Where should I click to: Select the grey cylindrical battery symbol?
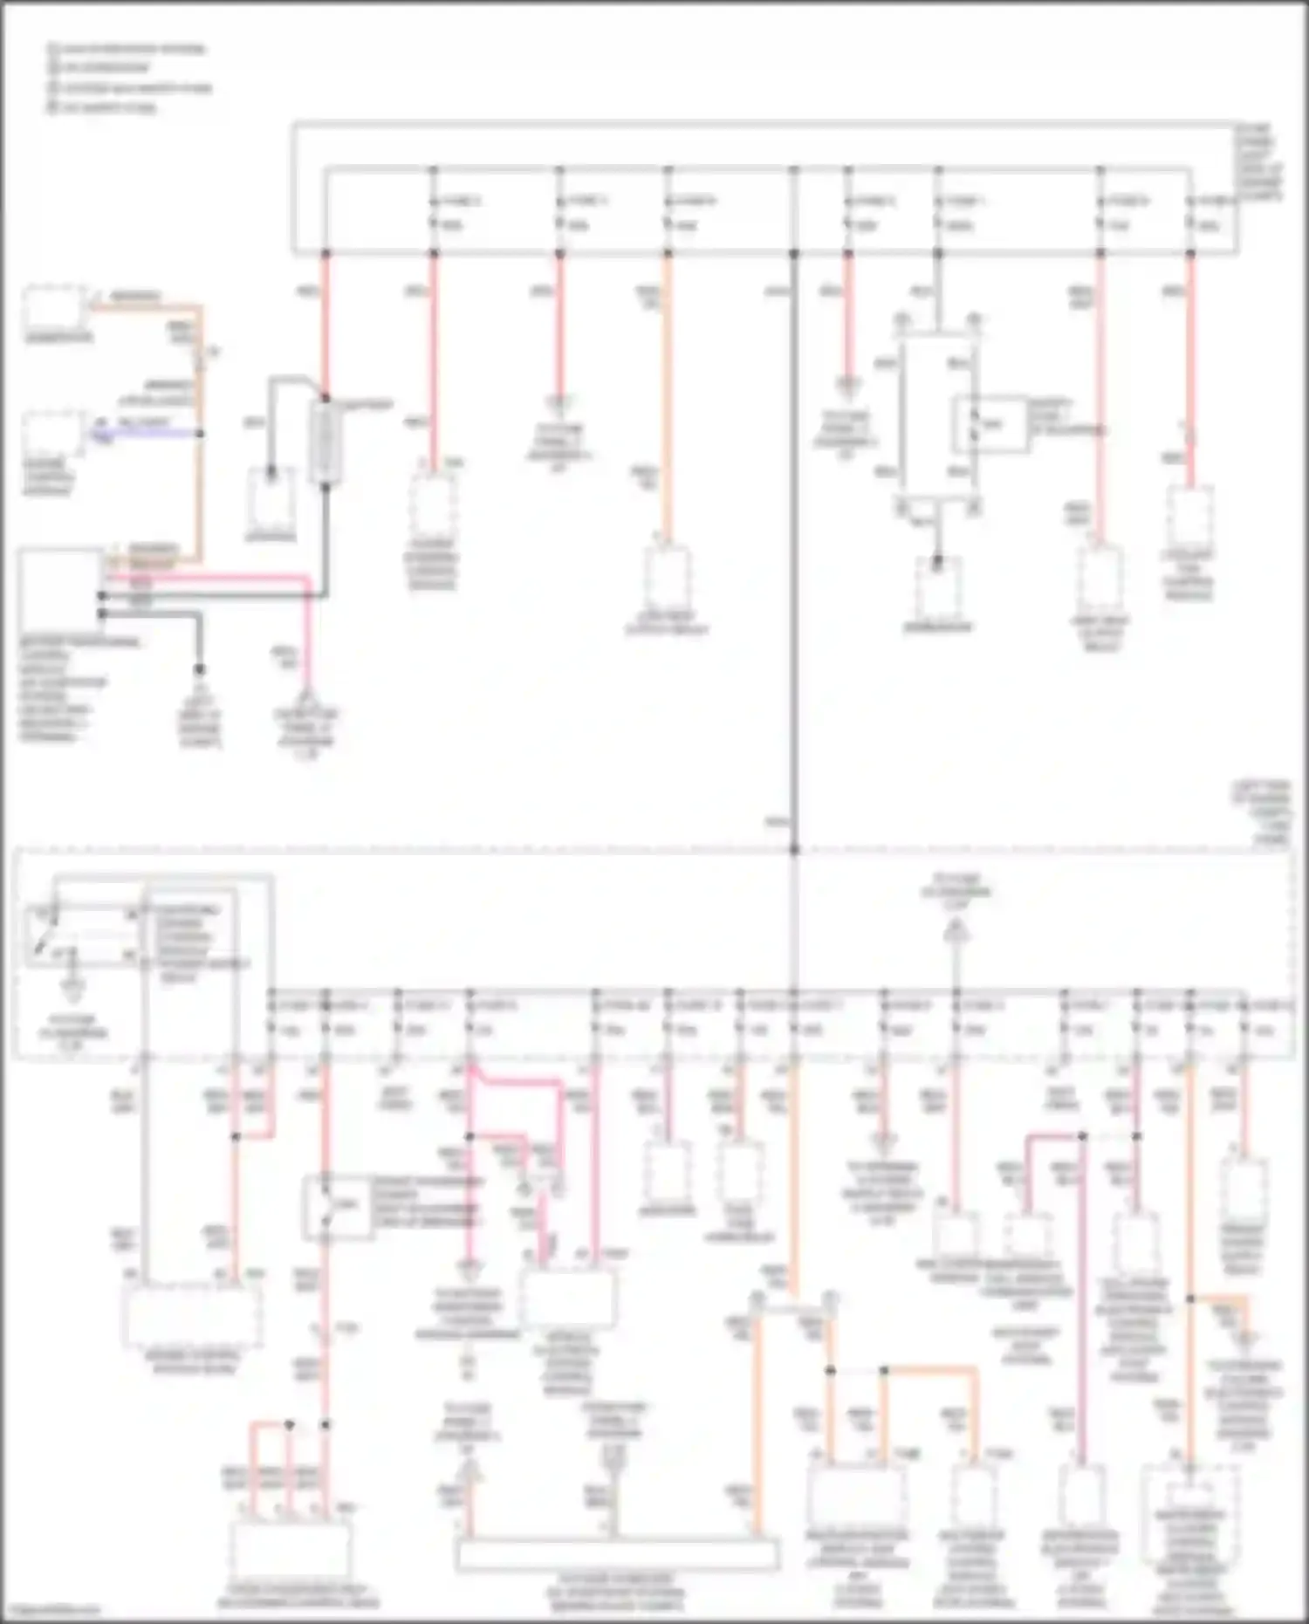(325, 441)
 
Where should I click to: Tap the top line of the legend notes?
(127, 48)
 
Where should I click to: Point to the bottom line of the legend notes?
(102, 107)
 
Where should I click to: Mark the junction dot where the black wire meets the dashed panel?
(794, 849)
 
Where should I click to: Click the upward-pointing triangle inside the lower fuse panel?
(956, 934)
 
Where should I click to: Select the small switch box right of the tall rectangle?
(990, 424)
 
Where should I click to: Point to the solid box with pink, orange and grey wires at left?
(59, 589)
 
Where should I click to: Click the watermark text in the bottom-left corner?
(52, 1610)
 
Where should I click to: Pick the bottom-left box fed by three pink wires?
(290, 1550)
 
